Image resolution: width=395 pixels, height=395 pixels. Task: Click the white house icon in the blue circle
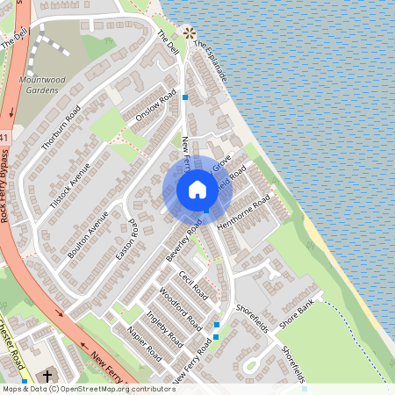click(x=197, y=189)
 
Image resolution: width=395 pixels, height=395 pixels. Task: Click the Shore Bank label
click(x=297, y=318)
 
